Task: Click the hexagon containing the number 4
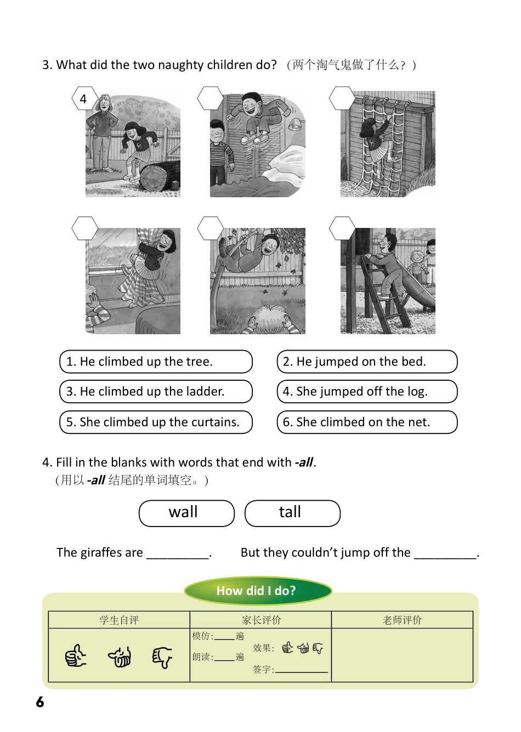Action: coord(84,99)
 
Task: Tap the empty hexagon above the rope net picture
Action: coord(342,99)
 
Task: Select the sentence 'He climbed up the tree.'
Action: coord(156,362)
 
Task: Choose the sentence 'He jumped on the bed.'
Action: coord(367,362)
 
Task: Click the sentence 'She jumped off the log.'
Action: coord(367,391)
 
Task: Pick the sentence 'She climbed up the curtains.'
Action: coord(156,422)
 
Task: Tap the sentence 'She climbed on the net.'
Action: coord(367,422)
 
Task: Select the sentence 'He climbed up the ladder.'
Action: coord(156,391)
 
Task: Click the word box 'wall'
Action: coord(186,513)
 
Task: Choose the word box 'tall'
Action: coord(292,513)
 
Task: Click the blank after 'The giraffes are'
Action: coord(178,553)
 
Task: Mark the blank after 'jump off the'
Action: coord(446,553)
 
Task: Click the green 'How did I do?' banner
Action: coord(258,591)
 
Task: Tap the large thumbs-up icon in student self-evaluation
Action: coord(76,656)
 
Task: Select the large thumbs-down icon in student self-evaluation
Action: coord(162,656)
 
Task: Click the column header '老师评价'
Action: coord(402,620)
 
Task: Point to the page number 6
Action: coord(40,702)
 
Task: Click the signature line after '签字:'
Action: coord(301,669)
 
